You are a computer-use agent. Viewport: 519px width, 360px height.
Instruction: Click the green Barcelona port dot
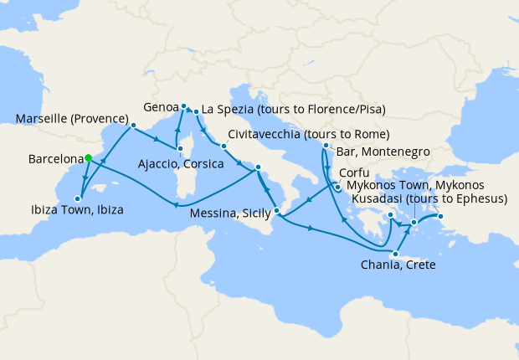(88, 157)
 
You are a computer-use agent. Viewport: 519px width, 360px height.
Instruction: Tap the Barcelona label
(55, 158)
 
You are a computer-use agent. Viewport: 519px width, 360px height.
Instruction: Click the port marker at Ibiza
(78, 198)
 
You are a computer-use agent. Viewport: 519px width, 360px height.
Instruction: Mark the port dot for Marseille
(132, 126)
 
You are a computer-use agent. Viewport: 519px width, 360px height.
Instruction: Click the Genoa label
(161, 107)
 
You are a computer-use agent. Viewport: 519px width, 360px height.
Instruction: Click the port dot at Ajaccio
(179, 150)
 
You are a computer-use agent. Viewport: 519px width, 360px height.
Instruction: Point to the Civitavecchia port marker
(224, 147)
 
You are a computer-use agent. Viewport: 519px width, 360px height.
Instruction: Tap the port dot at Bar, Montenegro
(325, 147)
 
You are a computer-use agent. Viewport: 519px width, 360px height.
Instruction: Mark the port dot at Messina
(276, 198)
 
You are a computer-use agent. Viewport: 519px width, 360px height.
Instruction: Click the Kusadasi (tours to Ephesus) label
(430, 198)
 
